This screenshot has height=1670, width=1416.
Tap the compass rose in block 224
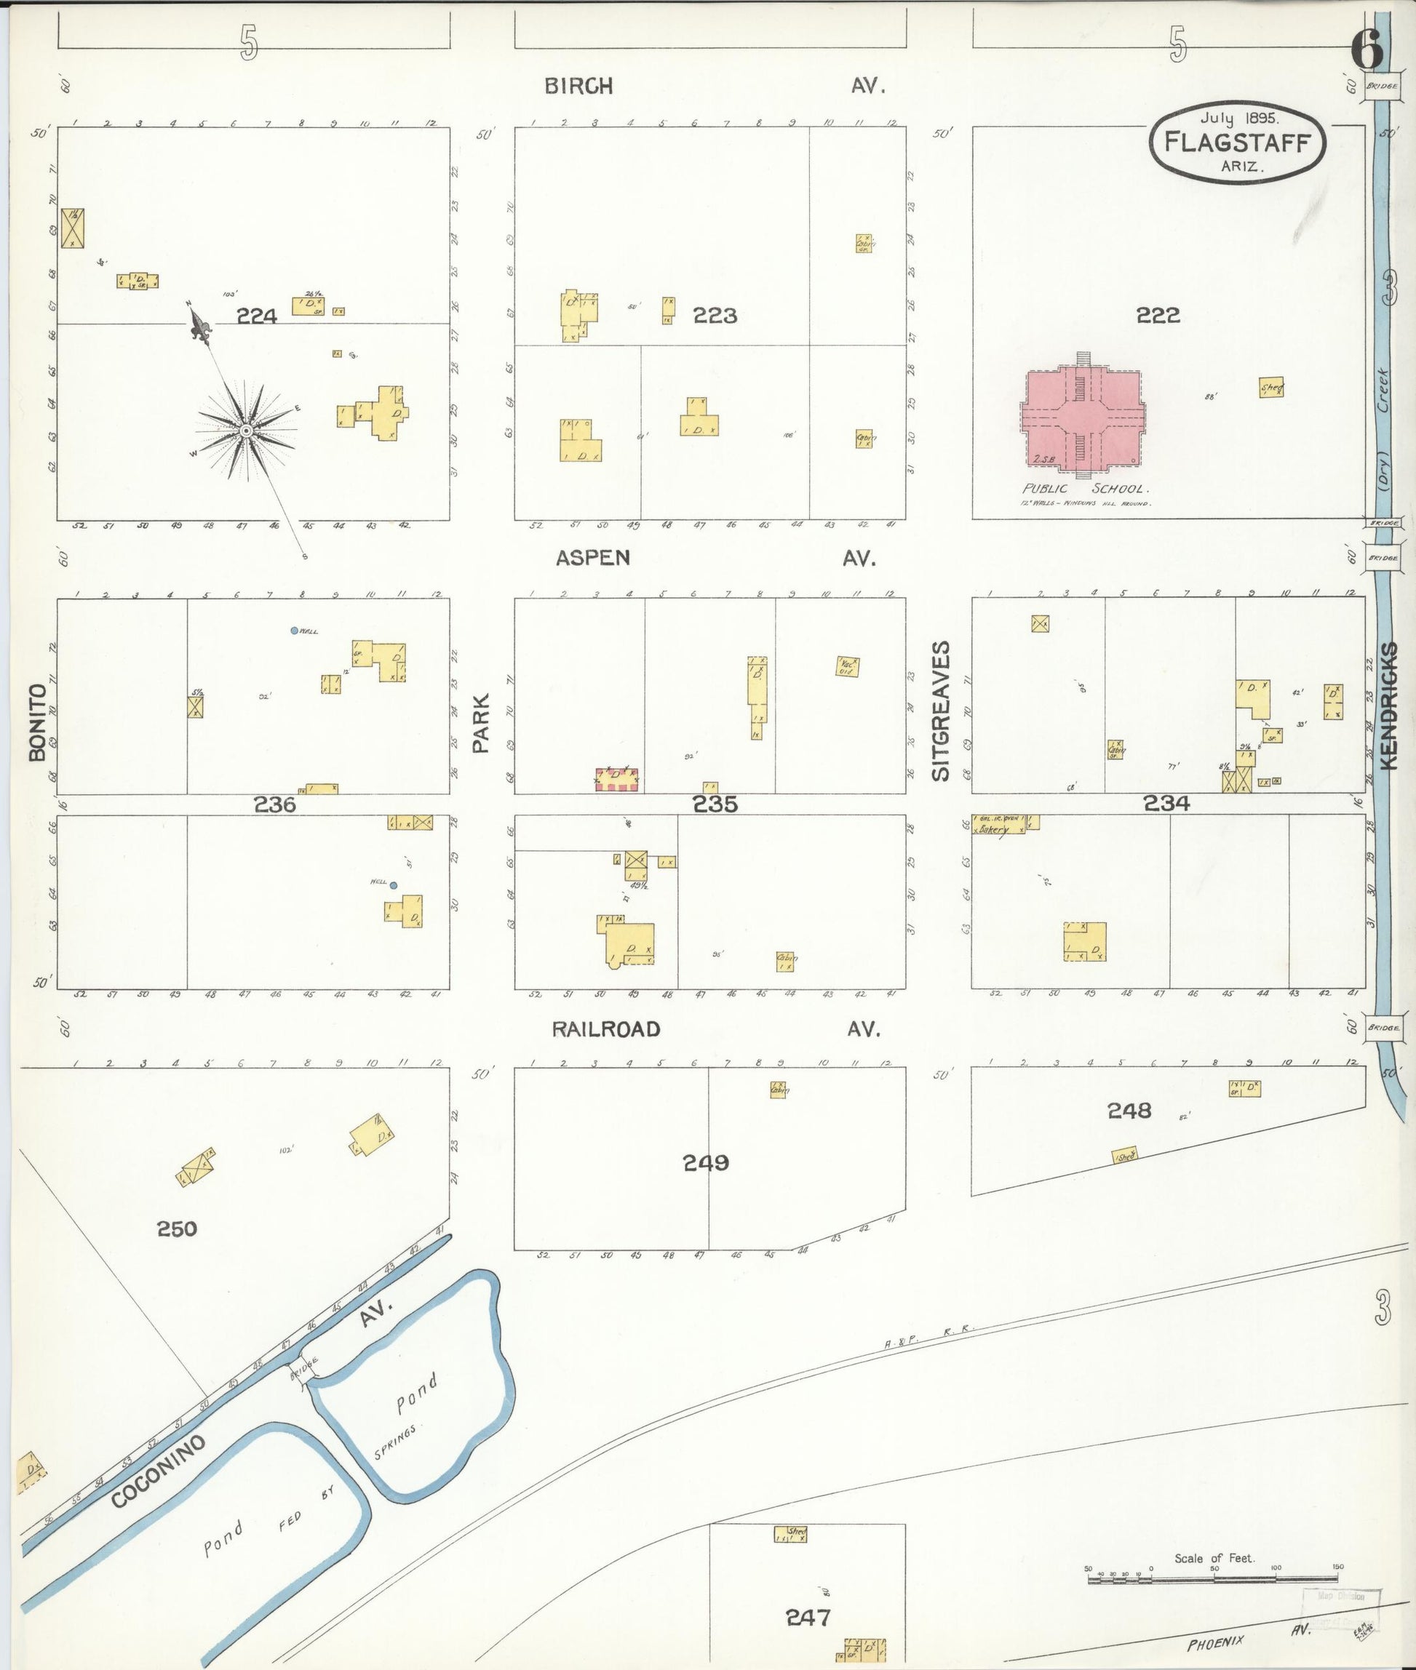point(247,433)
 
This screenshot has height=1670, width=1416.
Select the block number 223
point(715,316)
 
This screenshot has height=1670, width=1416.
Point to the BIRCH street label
point(578,87)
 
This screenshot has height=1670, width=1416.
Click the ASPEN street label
point(592,559)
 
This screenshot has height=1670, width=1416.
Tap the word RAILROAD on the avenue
point(606,1030)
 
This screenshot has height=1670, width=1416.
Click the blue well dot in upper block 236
point(295,631)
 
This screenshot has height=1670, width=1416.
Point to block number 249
point(706,1163)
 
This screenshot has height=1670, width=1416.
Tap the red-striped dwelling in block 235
point(616,778)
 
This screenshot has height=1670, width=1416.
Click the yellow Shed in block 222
point(1270,388)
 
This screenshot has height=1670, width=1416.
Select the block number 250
point(177,1228)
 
